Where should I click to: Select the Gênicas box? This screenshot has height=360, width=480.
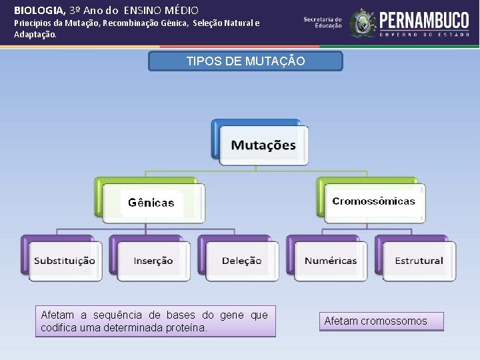[151, 203]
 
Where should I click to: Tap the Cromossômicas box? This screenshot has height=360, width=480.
[373, 201]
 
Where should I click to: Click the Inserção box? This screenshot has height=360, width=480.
[153, 261]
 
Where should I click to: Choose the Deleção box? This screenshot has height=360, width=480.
[241, 261]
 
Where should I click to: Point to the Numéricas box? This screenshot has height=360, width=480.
[331, 261]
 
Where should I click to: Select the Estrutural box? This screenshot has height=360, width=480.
[419, 261]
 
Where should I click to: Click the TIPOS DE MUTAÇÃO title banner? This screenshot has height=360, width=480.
[245, 61]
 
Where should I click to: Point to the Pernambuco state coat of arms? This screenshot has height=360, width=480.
[363, 23]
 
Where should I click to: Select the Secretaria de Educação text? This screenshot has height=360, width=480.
[323, 22]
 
